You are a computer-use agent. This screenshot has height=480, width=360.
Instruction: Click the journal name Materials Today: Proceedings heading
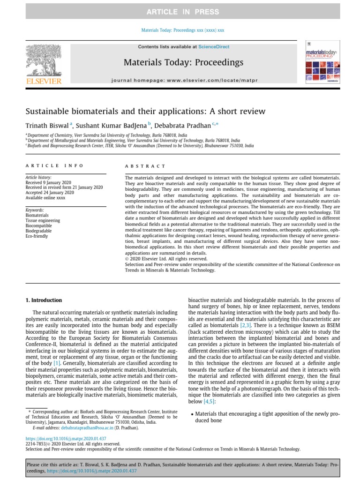pyautogui.click(x=183, y=62)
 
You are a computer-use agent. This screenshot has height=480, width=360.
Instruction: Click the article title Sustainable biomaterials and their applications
pyautogui.click(x=145, y=112)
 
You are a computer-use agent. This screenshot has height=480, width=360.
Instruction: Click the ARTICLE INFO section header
pyautogui.click(x=54, y=165)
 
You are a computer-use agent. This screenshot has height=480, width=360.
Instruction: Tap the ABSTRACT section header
pyautogui.click(x=145, y=166)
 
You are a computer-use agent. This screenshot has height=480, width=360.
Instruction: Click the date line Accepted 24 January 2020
pyautogui.click(x=49, y=193)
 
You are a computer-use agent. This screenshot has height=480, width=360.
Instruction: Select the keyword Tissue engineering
pyautogui.click(x=43, y=220)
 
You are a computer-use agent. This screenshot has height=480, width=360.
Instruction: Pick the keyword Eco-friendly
pyautogui.click(x=37, y=236)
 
